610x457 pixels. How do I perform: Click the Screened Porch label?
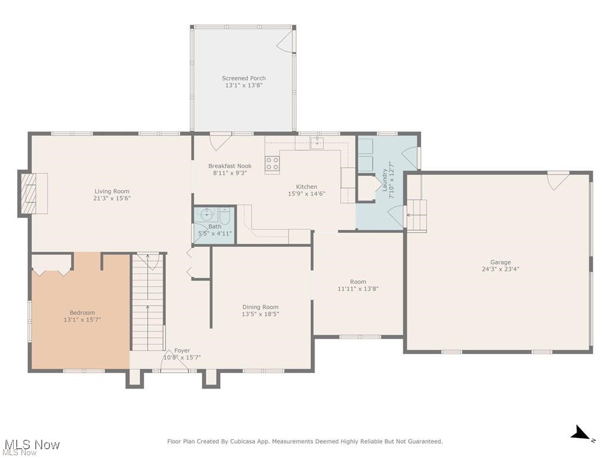click(244, 78)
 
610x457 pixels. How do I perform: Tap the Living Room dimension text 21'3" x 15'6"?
click(112, 198)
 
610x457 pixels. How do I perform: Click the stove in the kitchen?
click(272, 165)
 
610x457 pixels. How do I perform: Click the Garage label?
click(500, 262)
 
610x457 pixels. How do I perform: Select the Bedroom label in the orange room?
click(82, 312)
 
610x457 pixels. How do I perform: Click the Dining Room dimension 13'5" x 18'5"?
click(260, 314)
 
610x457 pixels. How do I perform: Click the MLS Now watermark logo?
click(30, 445)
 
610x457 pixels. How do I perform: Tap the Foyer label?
click(182, 350)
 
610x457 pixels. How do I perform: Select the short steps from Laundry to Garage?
click(417, 215)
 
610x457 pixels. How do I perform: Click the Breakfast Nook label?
click(230, 166)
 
